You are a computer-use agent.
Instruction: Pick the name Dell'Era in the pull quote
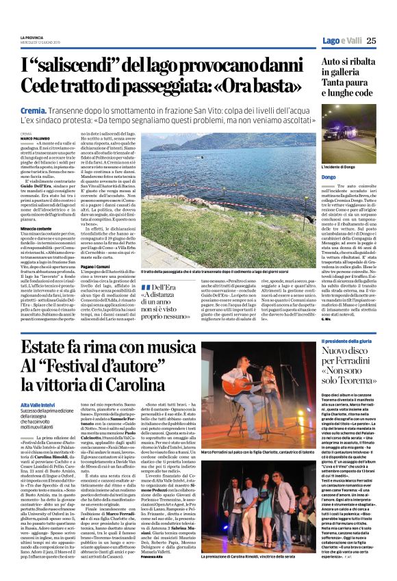[x=167, y=288]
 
